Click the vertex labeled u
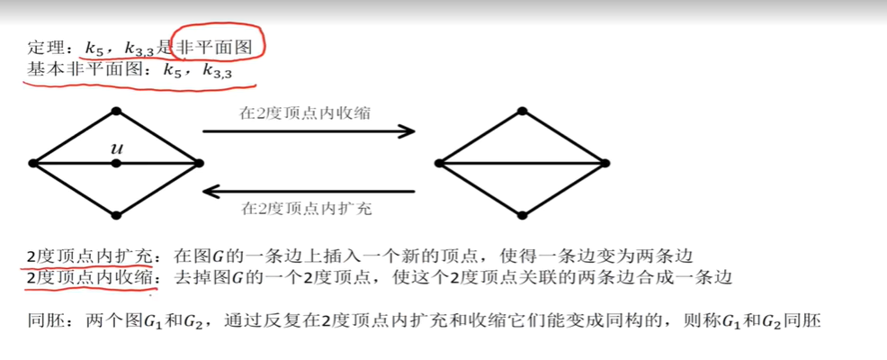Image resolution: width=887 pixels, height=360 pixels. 116,163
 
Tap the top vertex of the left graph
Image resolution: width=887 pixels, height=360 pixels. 116,112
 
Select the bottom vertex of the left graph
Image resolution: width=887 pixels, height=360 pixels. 116,215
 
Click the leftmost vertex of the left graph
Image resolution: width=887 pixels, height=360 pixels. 33,163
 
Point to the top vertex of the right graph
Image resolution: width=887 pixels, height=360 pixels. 522,112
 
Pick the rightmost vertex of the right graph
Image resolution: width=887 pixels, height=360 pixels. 605,163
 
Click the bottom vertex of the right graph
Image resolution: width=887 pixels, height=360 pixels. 522,215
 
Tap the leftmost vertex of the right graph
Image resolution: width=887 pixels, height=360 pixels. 439,163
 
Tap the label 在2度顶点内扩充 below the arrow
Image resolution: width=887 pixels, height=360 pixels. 305,209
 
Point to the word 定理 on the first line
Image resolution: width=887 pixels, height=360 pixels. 43,49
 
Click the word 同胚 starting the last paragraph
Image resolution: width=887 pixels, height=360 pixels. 43,319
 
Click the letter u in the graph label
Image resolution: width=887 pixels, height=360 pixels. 116,148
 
